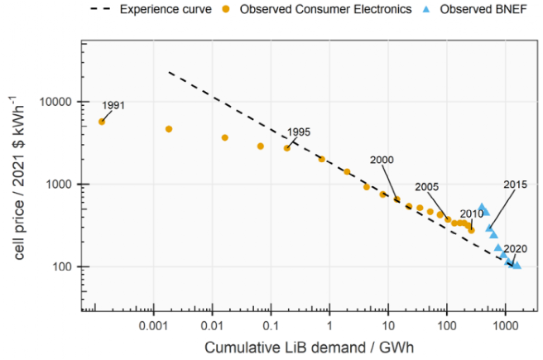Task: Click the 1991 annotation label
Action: pyautogui.click(x=113, y=106)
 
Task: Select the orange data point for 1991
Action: pyautogui.click(x=102, y=122)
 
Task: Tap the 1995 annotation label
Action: pyautogui.click(x=299, y=132)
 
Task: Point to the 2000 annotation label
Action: pyautogui.click(x=382, y=160)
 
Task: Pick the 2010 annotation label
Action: pyautogui.click(x=472, y=214)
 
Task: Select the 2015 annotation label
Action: pyautogui.click(x=515, y=184)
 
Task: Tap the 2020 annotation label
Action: pyautogui.click(x=515, y=248)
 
